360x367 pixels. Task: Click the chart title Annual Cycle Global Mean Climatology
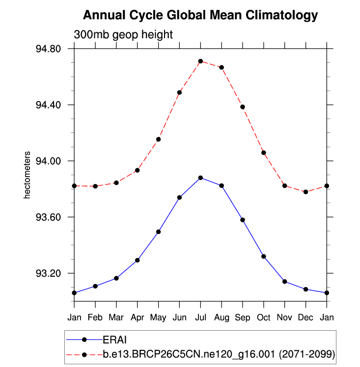[200, 15]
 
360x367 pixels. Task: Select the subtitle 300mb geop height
[123, 35]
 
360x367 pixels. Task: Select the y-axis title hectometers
[28, 175]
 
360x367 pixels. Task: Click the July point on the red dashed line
[200, 61]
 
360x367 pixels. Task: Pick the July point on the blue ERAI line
[200, 178]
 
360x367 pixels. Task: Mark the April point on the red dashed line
[138, 170]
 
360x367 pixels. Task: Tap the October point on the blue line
[264, 256]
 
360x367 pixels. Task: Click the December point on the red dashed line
[305, 192]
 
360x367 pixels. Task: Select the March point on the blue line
[116, 278]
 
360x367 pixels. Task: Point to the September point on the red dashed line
[243, 107]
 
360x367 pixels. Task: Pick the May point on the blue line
[159, 232]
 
